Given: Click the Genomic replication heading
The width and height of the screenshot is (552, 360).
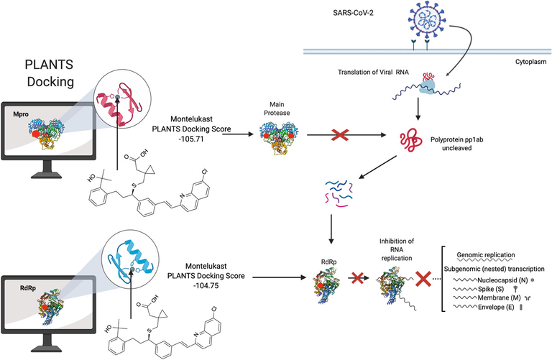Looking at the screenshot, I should coord(491,254).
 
